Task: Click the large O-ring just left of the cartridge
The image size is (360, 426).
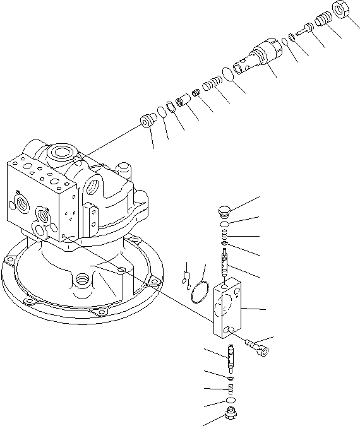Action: click(231, 73)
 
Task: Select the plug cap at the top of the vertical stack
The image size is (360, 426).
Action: click(224, 211)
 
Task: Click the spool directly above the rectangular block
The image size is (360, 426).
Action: click(225, 261)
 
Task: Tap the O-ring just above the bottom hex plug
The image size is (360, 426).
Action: click(231, 400)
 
